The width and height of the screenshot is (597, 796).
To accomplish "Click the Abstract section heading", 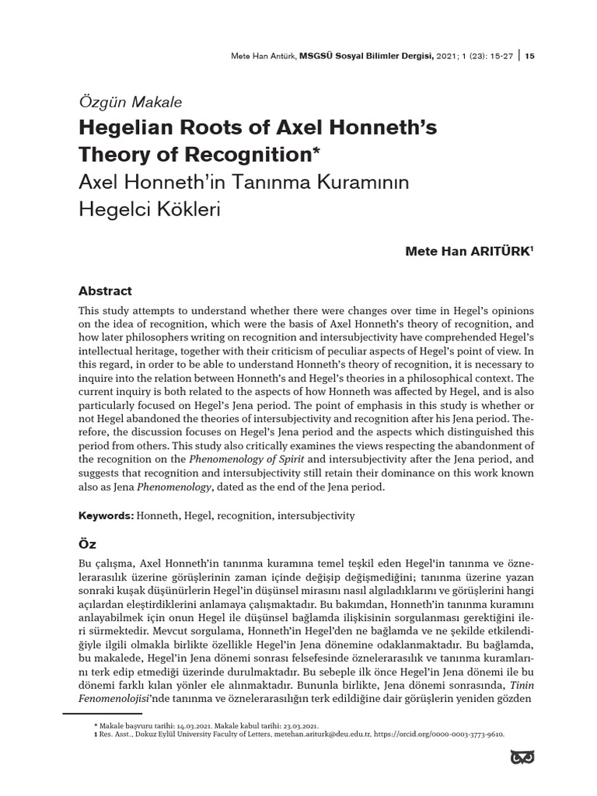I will [105, 291].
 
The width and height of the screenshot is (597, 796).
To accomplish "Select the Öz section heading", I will [87, 545].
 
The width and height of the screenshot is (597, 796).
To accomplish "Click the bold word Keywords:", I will [106, 515].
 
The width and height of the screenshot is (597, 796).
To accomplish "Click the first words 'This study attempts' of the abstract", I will [121, 311].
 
